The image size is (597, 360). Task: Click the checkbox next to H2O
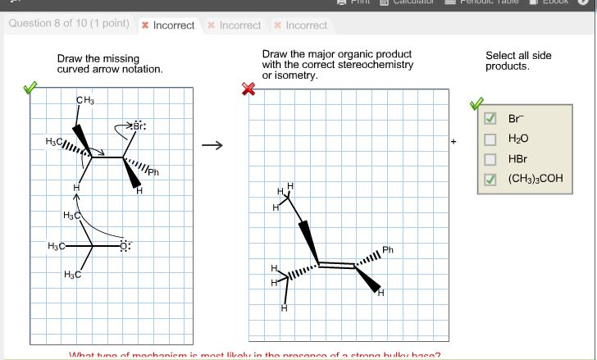pos(490,138)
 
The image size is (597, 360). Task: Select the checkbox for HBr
pos(490,158)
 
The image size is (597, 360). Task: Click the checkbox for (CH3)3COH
pos(490,179)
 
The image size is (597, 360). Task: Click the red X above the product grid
pos(248,89)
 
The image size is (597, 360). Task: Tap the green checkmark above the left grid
pos(30,87)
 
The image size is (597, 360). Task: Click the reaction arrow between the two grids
pos(212,147)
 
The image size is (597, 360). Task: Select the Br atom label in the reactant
pos(139,126)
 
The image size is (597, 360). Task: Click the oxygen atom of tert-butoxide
pos(124,245)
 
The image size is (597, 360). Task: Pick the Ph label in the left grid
pos(153,172)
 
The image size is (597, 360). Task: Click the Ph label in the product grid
pos(388,249)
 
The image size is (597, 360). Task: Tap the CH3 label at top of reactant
pos(85,101)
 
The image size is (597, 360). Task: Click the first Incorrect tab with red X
pos(168,25)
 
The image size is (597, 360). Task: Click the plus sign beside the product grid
pos(453,141)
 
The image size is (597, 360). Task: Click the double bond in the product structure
pos(336,265)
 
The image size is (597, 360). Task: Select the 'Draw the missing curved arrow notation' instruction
pos(110,64)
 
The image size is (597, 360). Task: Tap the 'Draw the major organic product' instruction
pos(337,65)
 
